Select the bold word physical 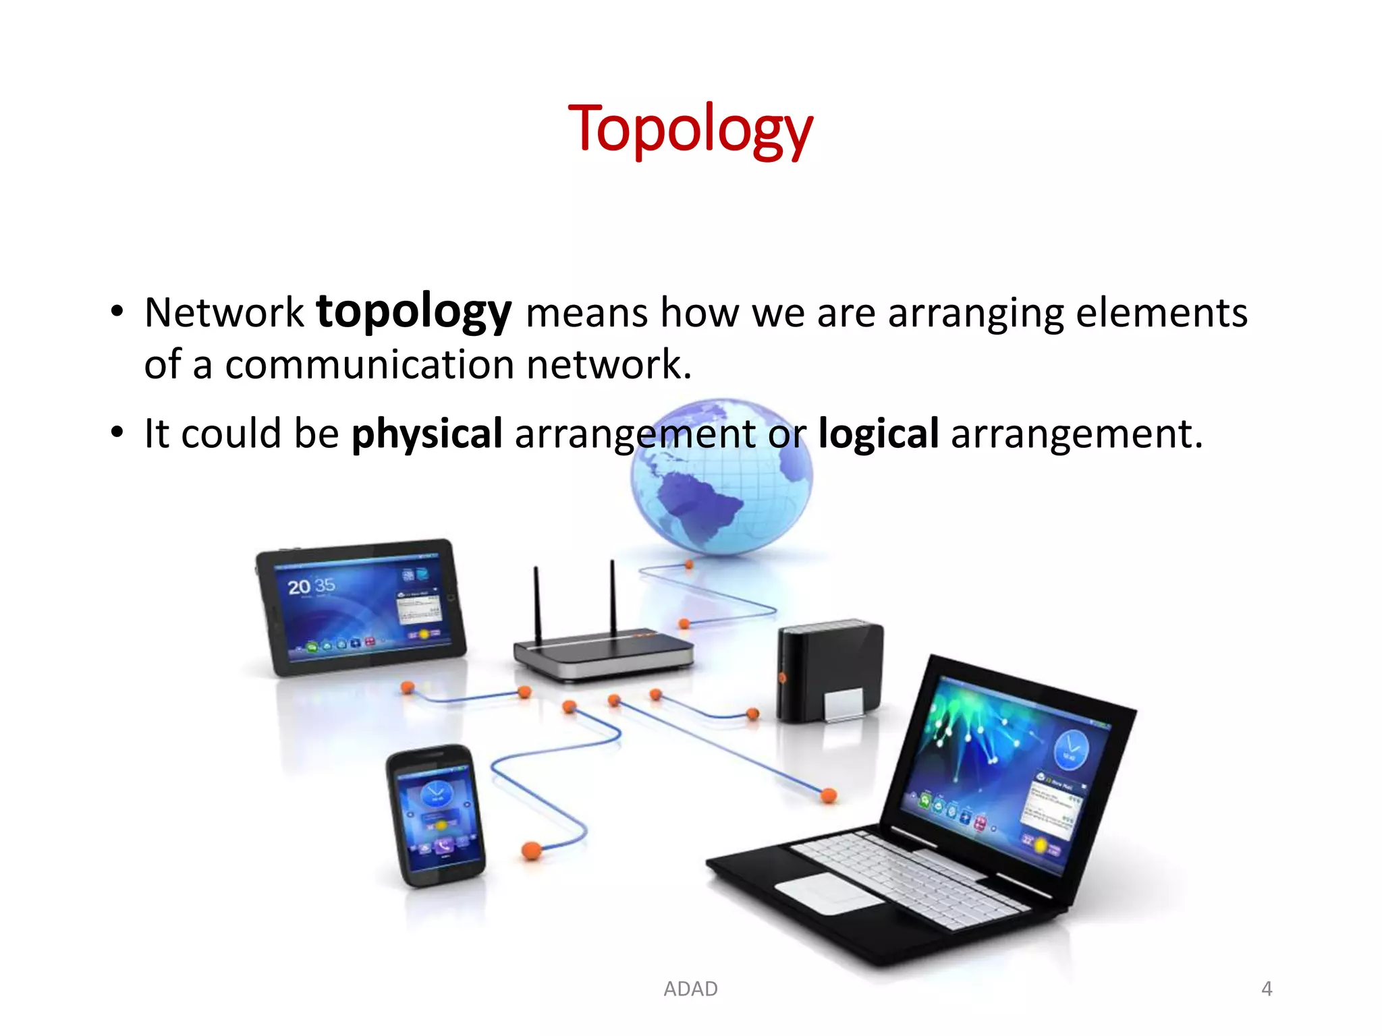tap(427, 433)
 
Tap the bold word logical tap(878, 433)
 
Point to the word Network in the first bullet tap(224, 313)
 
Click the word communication tap(369, 365)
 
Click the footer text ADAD tap(690, 989)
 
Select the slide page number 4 tap(1267, 989)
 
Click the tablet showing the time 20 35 tap(361, 607)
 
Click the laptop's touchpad tap(829, 893)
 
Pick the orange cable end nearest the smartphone tap(531, 850)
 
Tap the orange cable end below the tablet tap(408, 687)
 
